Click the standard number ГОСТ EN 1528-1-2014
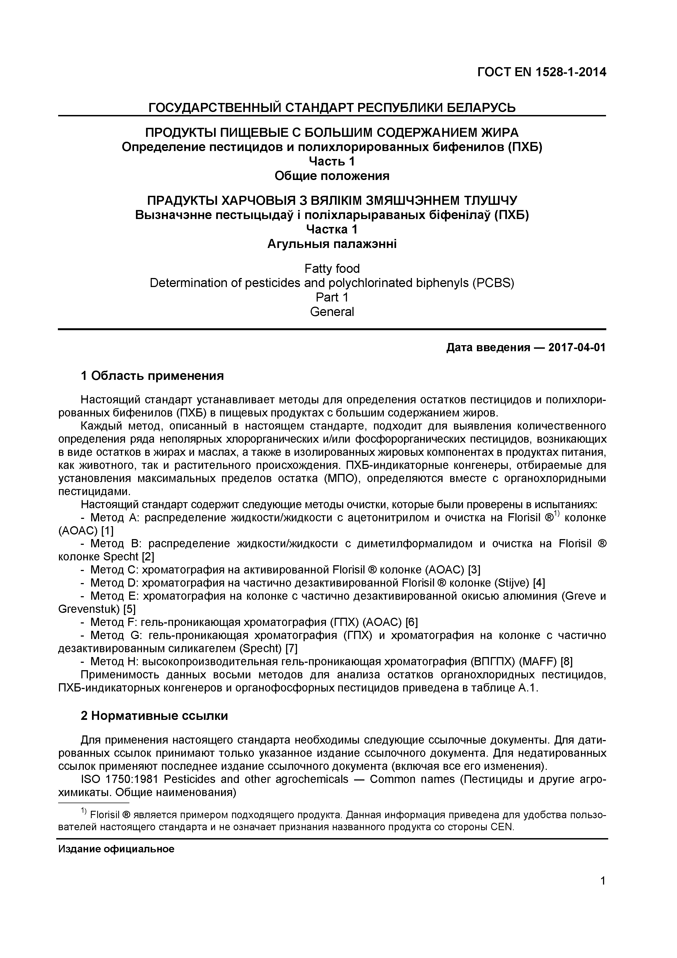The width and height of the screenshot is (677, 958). point(541,72)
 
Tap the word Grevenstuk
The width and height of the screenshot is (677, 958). point(89,609)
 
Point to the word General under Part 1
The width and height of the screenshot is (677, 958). point(332,312)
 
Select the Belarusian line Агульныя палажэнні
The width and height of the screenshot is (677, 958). point(332,244)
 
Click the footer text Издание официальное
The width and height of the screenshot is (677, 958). point(116,849)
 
